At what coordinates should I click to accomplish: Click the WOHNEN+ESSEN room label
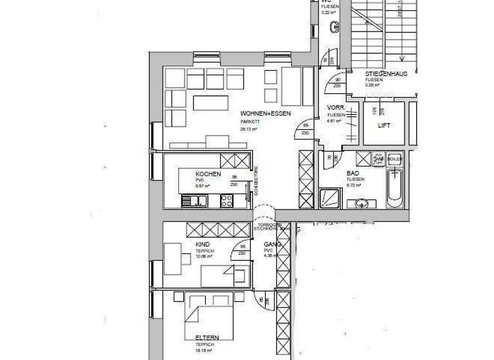pyautogui.click(x=265, y=114)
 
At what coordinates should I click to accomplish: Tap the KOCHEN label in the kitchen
pyautogui.click(x=208, y=174)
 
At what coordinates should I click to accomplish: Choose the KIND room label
pyautogui.click(x=203, y=245)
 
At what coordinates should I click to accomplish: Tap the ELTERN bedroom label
pyautogui.click(x=208, y=337)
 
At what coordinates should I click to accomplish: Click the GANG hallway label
pyautogui.click(x=273, y=245)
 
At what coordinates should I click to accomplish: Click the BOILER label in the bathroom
pyautogui.click(x=394, y=158)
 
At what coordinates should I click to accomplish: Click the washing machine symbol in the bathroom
pyautogui.click(x=380, y=158)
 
